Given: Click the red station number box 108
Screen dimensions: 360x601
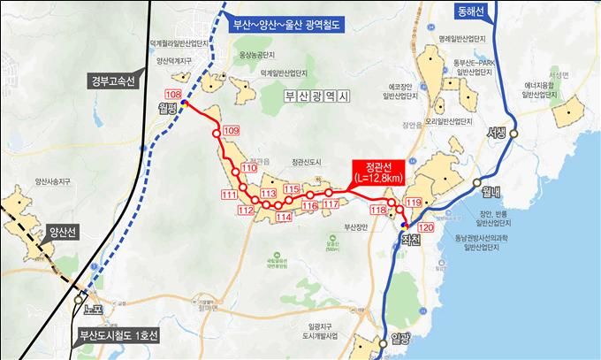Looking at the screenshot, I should [173, 95].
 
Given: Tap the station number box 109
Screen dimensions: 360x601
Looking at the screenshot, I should [232, 131].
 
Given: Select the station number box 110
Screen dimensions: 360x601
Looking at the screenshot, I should [248, 167].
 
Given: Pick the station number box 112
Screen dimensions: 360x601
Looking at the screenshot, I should [247, 210].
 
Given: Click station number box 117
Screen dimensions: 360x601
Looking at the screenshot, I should [331, 204].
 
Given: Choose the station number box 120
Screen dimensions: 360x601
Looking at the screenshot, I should [426, 227].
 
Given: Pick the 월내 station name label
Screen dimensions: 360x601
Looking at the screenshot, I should [479, 189].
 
